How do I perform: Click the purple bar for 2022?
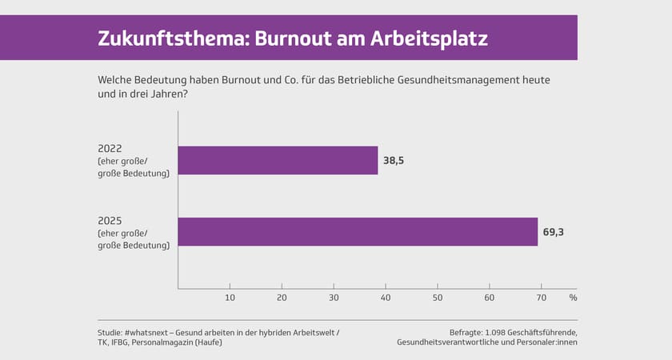click(x=278, y=160)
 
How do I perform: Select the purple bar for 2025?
click(x=358, y=231)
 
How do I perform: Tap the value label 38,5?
click(x=394, y=161)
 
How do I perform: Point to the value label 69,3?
click(x=554, y=232)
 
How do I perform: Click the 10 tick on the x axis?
click(x=230, y=298)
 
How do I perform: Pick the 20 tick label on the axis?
click(x=282, y=298)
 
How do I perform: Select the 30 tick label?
click(x=334, y=298)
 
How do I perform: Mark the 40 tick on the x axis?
click(x=386, y=298)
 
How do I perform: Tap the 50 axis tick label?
click(x=438, y=298)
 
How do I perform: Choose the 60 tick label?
click(x=490, y=298)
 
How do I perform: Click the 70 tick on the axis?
click(x=542, y=298)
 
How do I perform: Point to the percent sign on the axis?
click(x=573, y=298)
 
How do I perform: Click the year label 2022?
click(x=110, y=148)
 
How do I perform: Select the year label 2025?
click(x=110, y=220)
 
